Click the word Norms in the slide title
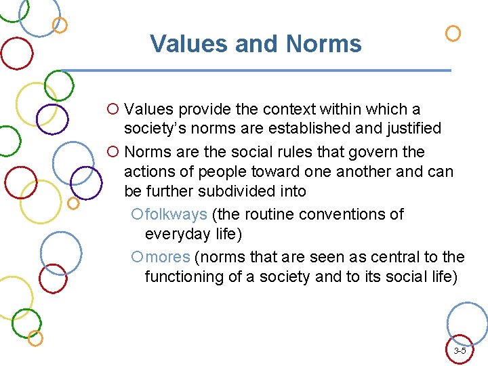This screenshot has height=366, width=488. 324,44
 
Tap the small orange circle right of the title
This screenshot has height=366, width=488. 453,33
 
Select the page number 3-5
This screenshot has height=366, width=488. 460,351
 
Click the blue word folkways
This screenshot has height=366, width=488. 176,214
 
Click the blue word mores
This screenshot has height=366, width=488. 169,257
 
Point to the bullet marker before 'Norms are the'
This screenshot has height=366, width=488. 113,152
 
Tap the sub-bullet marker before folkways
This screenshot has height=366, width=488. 138,215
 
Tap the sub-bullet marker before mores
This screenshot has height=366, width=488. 138,258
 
